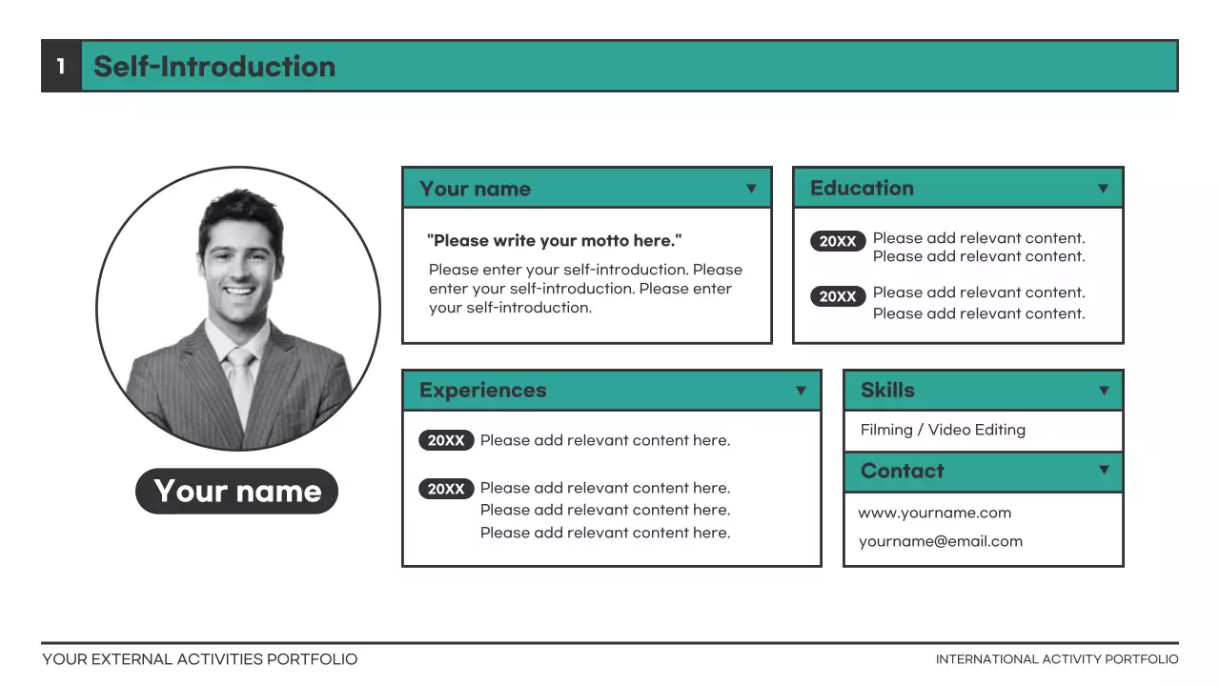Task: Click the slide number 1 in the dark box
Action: tap(61, 66)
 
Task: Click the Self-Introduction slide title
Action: tap(214, 66)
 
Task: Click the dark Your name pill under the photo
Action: tap(237, 491)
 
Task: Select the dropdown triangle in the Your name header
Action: tap(751, 189)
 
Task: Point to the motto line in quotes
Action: tap(555, 240)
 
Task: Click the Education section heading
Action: tap(862, 188)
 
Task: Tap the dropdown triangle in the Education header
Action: tap(1103, 189)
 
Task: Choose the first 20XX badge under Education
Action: tap(838, 241)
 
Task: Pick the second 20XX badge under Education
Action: tap(838, 296)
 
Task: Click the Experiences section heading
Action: tap(483, 390)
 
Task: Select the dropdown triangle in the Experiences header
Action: tap(801, 391)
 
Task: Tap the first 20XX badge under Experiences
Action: tap(446, 440)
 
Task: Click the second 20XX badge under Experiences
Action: tap(446, 489)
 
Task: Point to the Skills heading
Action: tap(887, 390)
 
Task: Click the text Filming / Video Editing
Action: tap(943, 430)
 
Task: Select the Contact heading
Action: tap(902, 471)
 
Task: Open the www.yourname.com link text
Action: tap(934, 513)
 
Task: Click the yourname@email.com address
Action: tap(940, 541)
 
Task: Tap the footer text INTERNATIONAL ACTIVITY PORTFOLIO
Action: tap(1057, 659)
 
